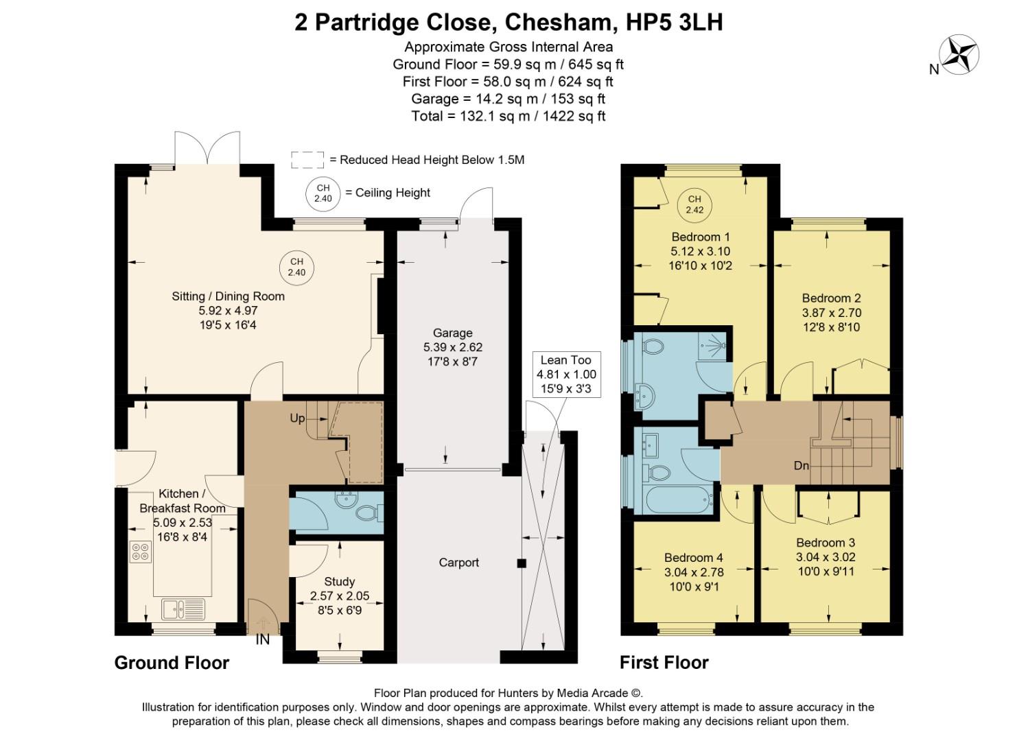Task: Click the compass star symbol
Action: pos(959,55)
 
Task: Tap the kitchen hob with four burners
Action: pos(141,552)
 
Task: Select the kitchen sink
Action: pos(183,608)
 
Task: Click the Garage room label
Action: pos(452,333)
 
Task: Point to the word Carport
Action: pos(458,563)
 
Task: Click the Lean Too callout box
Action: pos(566,375)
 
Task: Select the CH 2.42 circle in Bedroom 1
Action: pos(694,204)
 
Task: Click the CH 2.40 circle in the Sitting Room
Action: pos(296,267)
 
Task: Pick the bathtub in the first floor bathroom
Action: pos(675,499)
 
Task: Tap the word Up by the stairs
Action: pos(297,419)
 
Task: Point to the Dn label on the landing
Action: pos(802,466)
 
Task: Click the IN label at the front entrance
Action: pos(263,639)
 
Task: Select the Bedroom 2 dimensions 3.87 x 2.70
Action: pos(831,313)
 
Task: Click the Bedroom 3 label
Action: pos(826,543)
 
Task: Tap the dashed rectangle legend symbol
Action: pos(307,160)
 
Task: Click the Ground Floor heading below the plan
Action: pos(172,663)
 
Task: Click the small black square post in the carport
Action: pos(522,563)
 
